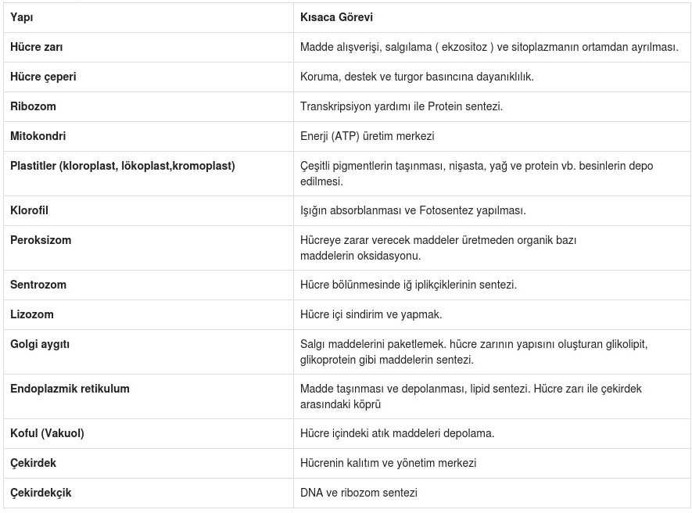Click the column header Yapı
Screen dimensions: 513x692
click(x=22, y=17)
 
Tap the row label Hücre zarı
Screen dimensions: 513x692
click(x=37, y=47)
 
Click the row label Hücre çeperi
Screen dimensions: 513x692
click(x=43, y=77)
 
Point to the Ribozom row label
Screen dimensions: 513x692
click(x=33, y=106)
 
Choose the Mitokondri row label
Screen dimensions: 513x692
click(x=38, y=136)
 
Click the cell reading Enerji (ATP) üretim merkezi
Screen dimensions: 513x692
click(x=367, y=136)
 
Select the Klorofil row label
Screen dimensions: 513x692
click(x=30, y=210)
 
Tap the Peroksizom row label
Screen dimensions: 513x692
click(x=41, y=240)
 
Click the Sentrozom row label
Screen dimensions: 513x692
click(x=38, y=285)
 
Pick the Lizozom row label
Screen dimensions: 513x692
click(x=32, y=314)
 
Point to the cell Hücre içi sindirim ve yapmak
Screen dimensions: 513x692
click(x=371, y=314)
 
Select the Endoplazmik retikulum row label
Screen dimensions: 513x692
click(x=70, y=389)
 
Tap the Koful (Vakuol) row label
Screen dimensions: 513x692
click(x=47, y=433)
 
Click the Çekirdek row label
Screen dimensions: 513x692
click(x=34, y=463)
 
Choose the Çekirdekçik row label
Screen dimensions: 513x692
click(x=41, y=493)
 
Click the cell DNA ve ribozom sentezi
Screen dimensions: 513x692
click(x=358, y=493)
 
